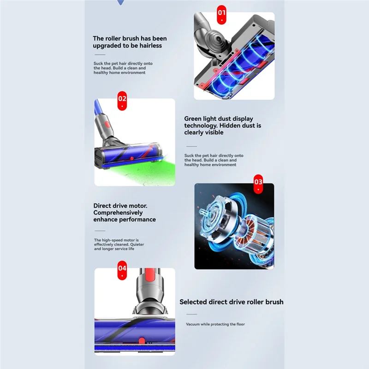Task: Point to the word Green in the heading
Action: click(x=193, y=119)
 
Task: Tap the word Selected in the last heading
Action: click(x=193, y=302)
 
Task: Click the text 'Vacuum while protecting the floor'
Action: click(x=215, y=324)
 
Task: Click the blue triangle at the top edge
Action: click(x=121, y=2)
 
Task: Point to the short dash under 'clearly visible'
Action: click(x=191, y=146)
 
